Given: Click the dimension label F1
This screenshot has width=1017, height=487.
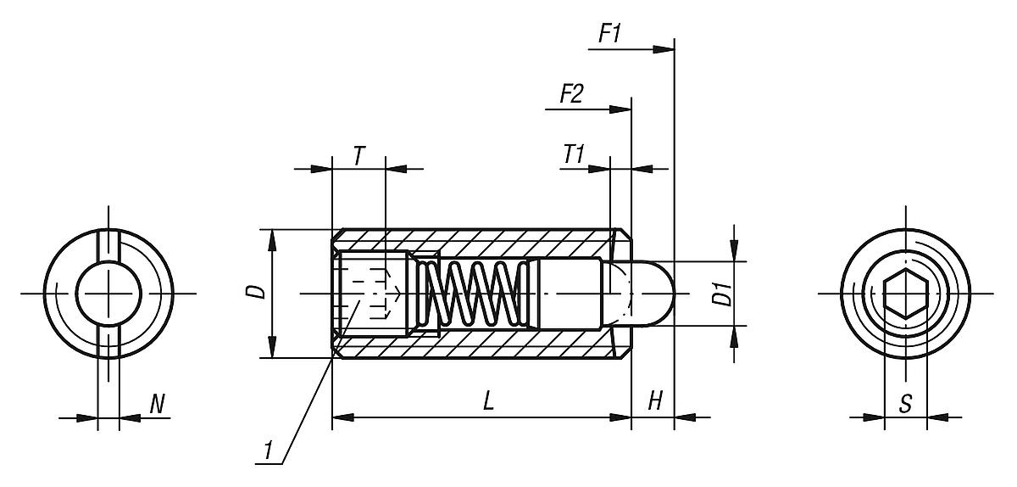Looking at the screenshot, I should (x=610, y=35).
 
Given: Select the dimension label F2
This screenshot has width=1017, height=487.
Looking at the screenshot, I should (x=570, y=94).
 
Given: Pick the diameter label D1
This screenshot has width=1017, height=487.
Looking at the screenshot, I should (x=721, y=294).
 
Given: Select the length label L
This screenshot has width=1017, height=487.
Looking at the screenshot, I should (x=488, y=401).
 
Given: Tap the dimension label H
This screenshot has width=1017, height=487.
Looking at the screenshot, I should (x=654, y=401).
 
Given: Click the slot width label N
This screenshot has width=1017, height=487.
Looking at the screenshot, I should (x=157, y=404).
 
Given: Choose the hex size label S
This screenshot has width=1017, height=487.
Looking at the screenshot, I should (x=905, y=404).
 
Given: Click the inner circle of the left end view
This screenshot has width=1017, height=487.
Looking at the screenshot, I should (x=108, y=294).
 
